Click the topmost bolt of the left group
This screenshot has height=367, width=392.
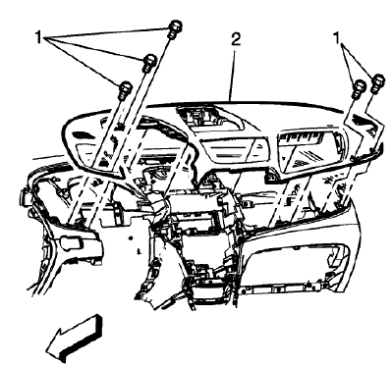coord(173,26)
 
